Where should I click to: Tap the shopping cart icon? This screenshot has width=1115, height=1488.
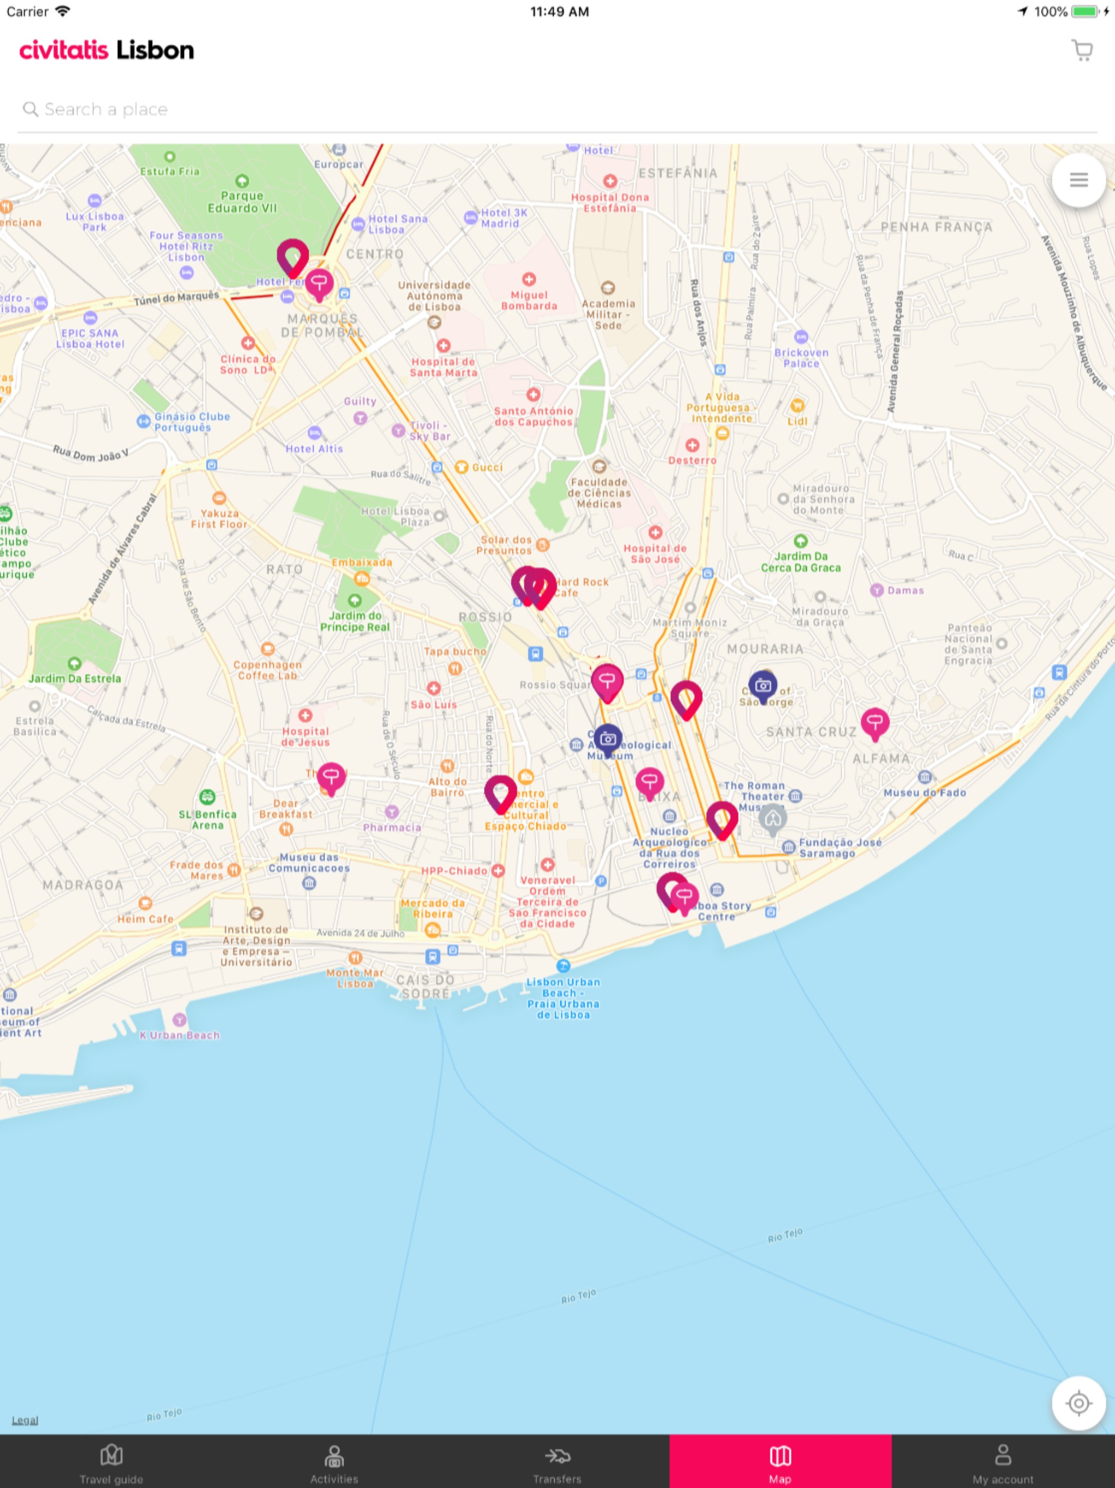coord(1081,51)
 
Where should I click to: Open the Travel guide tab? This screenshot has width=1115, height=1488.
coord(112,1463)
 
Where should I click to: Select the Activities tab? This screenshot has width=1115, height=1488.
coord(334,1463)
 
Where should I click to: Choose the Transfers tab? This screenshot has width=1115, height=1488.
coord(557,1463)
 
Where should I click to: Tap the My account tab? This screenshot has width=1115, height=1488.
coord(1003,1463)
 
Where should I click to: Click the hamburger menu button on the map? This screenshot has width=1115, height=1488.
coord(1079,180)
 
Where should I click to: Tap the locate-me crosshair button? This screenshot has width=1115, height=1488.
coord(1079,1402)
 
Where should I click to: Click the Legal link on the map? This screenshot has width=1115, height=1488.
coord(25,1419)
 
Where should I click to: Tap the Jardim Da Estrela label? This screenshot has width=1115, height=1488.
coord(75,678)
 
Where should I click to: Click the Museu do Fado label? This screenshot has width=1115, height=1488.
coord(924,792)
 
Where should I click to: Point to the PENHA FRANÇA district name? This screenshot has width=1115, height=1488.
coord(936,227)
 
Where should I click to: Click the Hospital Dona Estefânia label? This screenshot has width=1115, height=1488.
coord(610,202)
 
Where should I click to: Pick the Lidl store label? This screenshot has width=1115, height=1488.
coord(797,420)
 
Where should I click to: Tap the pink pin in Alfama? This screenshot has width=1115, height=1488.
coord(875,722)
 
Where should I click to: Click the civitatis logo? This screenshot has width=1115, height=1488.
coord(64,51)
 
